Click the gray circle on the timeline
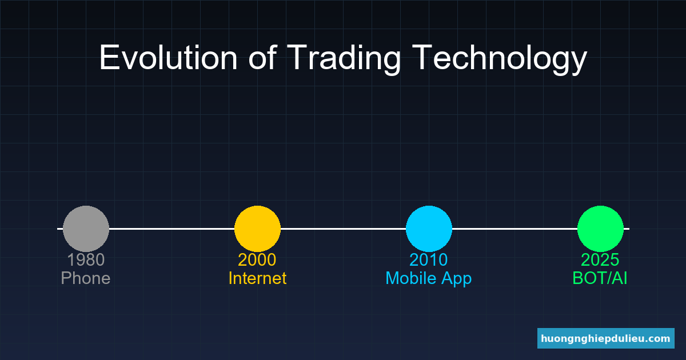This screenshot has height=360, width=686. [x=86, y=229]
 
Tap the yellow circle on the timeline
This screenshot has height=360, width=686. [x=258, y=229]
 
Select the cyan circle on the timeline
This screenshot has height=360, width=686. [x=429, y=229]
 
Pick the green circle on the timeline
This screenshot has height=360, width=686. [x=601, y=229]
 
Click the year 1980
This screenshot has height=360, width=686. [x=86, y=260]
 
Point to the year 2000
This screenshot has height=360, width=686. [x=257, y=260]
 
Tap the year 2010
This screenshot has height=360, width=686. [x=429, y=260]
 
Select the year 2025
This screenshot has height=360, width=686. [x=600, y=260]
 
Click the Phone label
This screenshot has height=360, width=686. [x=86, y=278]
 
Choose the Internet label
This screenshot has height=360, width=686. [x=258, y=278]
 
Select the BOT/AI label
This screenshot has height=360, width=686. [x=600, y=278]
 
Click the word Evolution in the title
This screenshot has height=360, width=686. [x=169, y=58]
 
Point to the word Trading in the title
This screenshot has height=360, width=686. [x=344, y=59]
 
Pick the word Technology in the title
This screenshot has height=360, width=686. [x=500, y=59]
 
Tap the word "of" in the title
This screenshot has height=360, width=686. [x=263, y=58]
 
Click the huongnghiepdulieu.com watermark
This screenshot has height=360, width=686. [x=606, y=338]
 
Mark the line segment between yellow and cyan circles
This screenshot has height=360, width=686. [x=344, y=229]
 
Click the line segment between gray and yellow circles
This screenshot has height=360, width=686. [x=172, y=229]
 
